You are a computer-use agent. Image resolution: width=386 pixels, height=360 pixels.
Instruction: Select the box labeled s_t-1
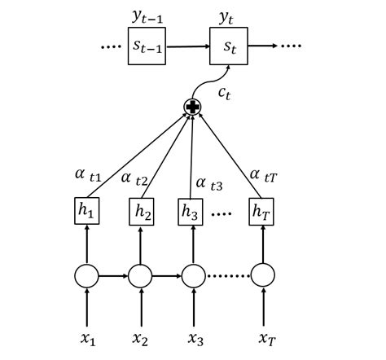click(147, 47)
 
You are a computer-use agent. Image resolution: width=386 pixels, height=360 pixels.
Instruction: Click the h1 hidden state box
click(86, 210)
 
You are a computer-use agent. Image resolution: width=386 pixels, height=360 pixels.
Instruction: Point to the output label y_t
click(229, 15)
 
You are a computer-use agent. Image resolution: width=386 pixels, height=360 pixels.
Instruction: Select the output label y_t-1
click(147, 15)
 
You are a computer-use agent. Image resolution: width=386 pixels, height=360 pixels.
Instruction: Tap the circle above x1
click(86, 277)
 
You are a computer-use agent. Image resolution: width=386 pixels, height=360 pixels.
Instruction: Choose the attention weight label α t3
click(209, 183)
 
